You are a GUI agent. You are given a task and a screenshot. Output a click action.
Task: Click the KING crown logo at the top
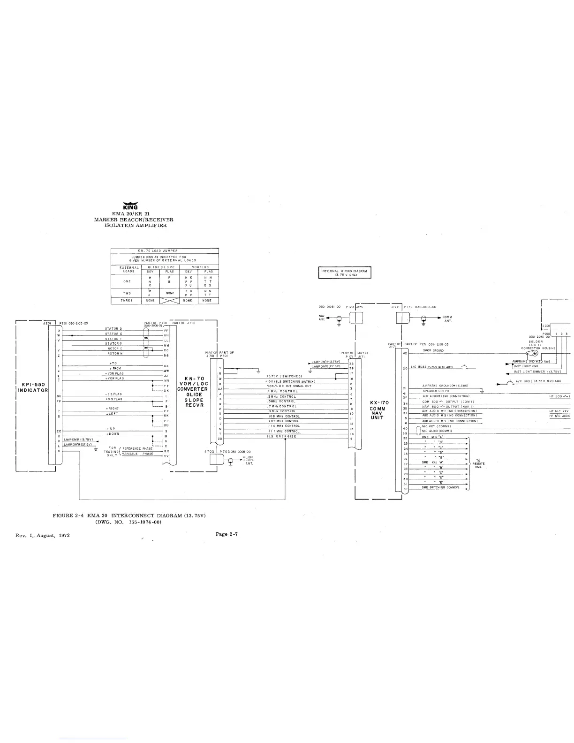point(130,205)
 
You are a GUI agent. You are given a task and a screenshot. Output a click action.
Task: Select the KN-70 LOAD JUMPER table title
point(164,251)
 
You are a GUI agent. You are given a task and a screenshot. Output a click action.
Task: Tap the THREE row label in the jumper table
point(127,300)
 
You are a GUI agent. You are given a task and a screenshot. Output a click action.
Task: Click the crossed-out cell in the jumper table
point(169,300)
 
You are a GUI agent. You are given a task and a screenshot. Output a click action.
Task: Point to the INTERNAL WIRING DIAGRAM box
point(345,273)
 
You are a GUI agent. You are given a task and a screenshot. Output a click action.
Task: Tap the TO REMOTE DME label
point(478,463)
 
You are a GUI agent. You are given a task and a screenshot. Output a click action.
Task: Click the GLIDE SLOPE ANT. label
point(249,460)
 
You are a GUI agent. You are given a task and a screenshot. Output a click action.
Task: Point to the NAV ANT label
point(321,317)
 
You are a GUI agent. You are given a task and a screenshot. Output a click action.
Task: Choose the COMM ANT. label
point(447,319)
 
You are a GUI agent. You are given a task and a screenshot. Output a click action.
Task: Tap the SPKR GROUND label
point(433,350)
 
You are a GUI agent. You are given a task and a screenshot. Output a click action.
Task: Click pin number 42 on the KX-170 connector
point(405,353)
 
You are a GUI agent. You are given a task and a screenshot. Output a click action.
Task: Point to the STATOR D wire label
point(113,329)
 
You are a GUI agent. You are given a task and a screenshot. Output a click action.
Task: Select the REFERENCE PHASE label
point(137,449)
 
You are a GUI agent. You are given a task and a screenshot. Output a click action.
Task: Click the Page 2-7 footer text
point(227,534)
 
